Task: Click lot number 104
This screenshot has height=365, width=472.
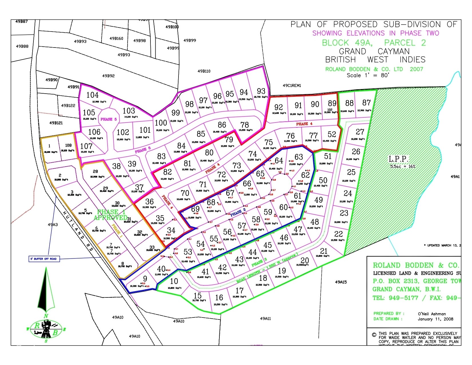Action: [x=92, y=95]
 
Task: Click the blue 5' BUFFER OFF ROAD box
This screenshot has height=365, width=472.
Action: [x=44, y=259]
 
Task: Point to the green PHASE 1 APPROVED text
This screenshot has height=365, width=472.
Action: [x=110, y=215]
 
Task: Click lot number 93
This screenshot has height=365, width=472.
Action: [x=261, y=91]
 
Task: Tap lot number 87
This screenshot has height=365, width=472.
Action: [x=366, y=103]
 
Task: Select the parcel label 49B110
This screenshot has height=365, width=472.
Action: [x=204, y=71]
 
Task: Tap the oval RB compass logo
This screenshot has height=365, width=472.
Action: [x=46, y=329]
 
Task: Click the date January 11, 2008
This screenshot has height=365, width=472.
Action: [x=435, y=319]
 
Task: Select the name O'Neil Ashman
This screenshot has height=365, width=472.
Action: [x=432, y=314]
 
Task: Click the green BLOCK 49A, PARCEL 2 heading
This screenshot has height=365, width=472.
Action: [x=374, y=43]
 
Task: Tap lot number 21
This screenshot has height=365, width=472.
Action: [x=324, y=251]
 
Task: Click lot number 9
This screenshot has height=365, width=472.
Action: [x=145, y=279]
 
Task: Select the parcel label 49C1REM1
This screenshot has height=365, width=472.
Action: [x=292, y=85]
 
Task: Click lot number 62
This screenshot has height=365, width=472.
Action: [x=305, y=175]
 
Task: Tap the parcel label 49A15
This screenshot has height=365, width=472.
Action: [x=341, y=282]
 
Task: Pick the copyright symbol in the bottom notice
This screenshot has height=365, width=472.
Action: [x=374, y=335]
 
